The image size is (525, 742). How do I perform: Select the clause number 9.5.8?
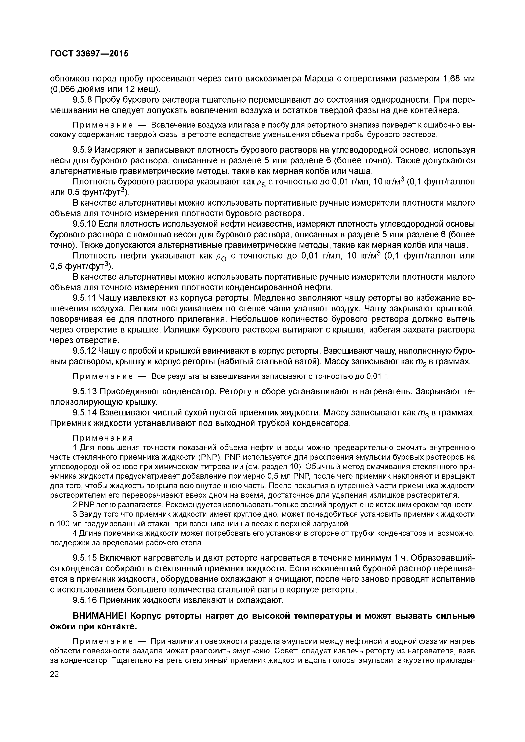click(83, 100)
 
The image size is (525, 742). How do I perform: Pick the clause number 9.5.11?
click(84, 298)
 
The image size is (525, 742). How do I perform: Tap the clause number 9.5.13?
click(84, 391)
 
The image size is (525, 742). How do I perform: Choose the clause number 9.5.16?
click(84, 600)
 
